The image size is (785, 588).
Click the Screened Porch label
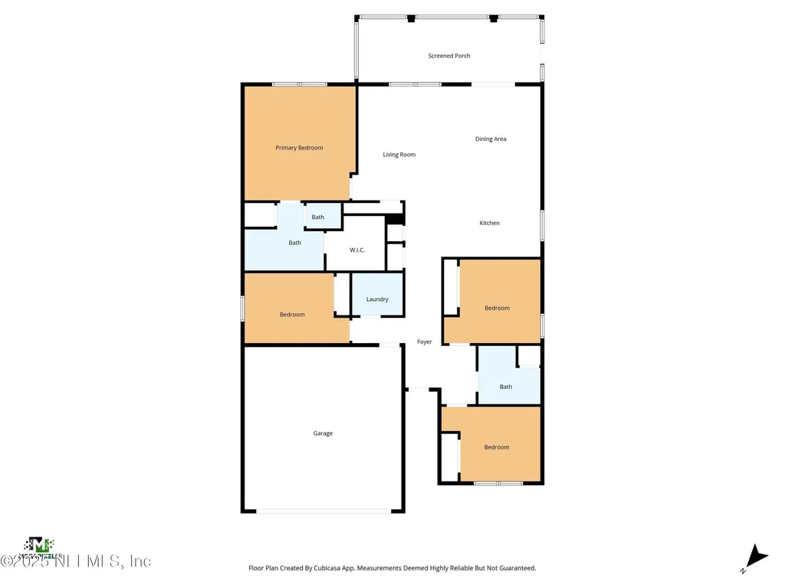coord(449,56)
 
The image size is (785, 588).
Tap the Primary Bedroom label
coord(299,148)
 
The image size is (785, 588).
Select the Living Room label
coord(399,155)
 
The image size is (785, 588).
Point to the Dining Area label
coord(491,139)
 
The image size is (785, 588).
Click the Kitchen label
coord(489,223)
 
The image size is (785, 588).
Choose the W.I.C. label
coord(357,250)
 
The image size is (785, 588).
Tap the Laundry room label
coord(377,299)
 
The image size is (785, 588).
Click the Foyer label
coord(424,342)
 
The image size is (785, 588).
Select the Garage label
coord(323,433)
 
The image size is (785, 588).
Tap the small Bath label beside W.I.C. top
coord(317,217)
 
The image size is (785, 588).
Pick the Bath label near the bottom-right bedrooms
coord(506,387)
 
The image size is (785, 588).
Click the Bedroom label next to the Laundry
coord(292,315)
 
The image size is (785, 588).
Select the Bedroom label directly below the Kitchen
coord(497,308)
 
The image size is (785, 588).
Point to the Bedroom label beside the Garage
coord(497,447)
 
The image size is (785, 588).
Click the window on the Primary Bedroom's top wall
coord(299,84)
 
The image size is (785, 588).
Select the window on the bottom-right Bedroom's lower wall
coord(498,483)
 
